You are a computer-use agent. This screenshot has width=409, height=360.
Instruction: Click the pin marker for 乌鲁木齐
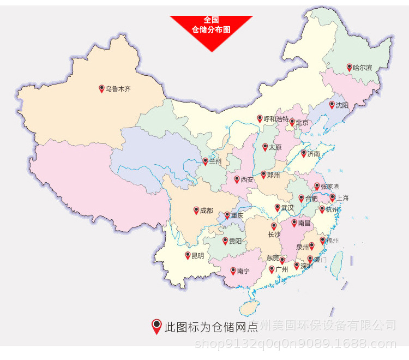pos(101,88)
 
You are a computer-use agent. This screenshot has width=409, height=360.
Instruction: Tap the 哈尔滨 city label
pos(363,68)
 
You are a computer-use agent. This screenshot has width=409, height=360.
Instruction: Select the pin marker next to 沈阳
pos(332,105)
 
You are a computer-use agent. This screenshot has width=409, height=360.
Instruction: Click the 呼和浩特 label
pos(276,119)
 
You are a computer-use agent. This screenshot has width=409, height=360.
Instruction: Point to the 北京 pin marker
pos(292,122)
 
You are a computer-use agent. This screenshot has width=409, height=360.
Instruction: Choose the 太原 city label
pos(275,148)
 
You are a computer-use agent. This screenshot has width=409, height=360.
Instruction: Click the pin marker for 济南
pos(304,153)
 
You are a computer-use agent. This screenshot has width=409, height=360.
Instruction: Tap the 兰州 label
pos(215,162)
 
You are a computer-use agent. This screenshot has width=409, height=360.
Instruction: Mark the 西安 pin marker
pos(237,179)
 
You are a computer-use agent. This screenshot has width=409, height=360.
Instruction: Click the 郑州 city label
pos(273,176)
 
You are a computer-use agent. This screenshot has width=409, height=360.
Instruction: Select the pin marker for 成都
pos(196,210)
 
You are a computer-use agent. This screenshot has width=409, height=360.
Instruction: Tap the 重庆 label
pos(237,216)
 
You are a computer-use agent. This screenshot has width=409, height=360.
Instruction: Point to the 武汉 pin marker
pos(277,207)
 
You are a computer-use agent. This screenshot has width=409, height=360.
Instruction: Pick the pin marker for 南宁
pos(233,271)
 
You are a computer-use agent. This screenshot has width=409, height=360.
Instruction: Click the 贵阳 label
pos(235,241)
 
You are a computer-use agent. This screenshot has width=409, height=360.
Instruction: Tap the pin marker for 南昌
pos(294,223)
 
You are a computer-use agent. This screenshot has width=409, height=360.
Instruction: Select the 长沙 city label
pos(274,235)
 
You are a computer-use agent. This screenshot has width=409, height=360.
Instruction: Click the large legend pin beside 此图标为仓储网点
pos(157,326)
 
